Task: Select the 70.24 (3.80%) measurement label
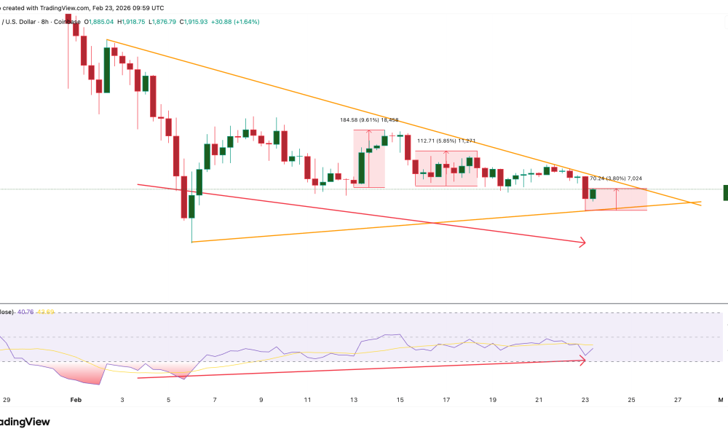616,178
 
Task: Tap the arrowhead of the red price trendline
582,243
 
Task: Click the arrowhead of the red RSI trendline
582,358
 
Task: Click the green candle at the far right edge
725,192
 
